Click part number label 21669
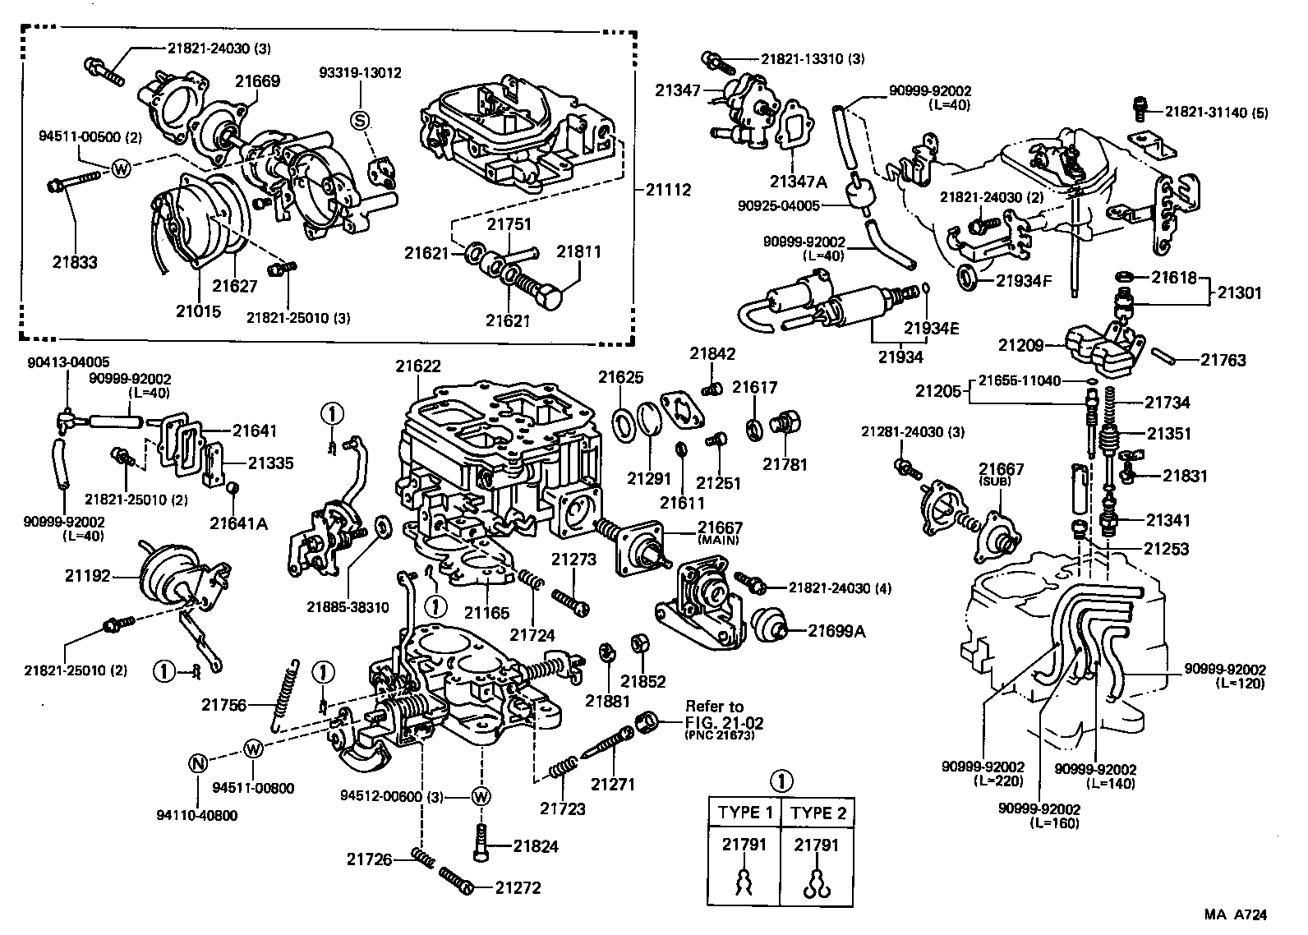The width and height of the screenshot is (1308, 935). (x=258, y=81)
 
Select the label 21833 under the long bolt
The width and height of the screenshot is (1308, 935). (x=76, y=263)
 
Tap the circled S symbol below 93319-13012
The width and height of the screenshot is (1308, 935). (x=359, y=121)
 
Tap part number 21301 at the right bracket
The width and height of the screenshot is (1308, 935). (x=1243, y=292)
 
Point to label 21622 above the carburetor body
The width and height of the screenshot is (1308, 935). (x=417, y=366)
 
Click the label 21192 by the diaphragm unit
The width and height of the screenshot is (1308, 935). (x=88, y=576)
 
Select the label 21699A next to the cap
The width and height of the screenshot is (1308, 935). (x=836, y=630)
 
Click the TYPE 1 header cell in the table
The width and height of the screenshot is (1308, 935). (x=745, y=813)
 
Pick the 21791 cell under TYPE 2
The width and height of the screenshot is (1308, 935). (x=817, y=845)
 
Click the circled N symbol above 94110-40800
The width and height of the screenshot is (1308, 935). (x=198, y=762)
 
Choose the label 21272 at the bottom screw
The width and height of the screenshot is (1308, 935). (x=518, y=888)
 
